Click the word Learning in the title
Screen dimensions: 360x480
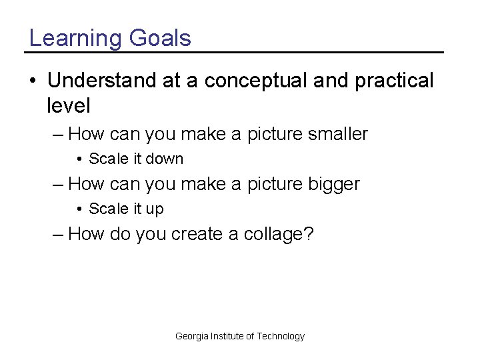click(75, 39)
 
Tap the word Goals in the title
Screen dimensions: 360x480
click(160, 38)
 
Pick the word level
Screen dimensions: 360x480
click(69, 105)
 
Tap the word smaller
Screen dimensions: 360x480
click(337, 134)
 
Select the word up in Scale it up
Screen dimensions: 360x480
click(155, 209)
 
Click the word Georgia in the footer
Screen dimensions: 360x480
click(191, 336)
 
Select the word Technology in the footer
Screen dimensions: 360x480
click(281, 336)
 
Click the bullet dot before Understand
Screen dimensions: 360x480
click(33, 81)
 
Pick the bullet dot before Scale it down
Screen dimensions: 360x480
click(79, 159)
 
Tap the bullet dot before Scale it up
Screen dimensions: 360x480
click(79, 209)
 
